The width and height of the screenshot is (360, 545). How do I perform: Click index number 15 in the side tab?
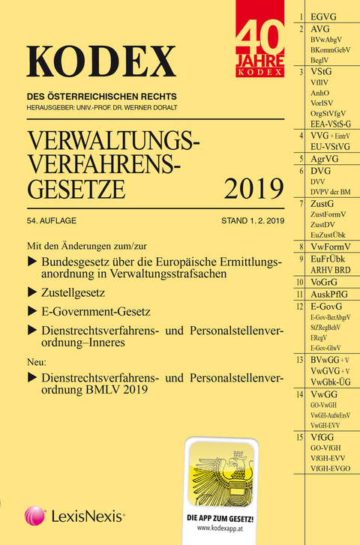(300, 436)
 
